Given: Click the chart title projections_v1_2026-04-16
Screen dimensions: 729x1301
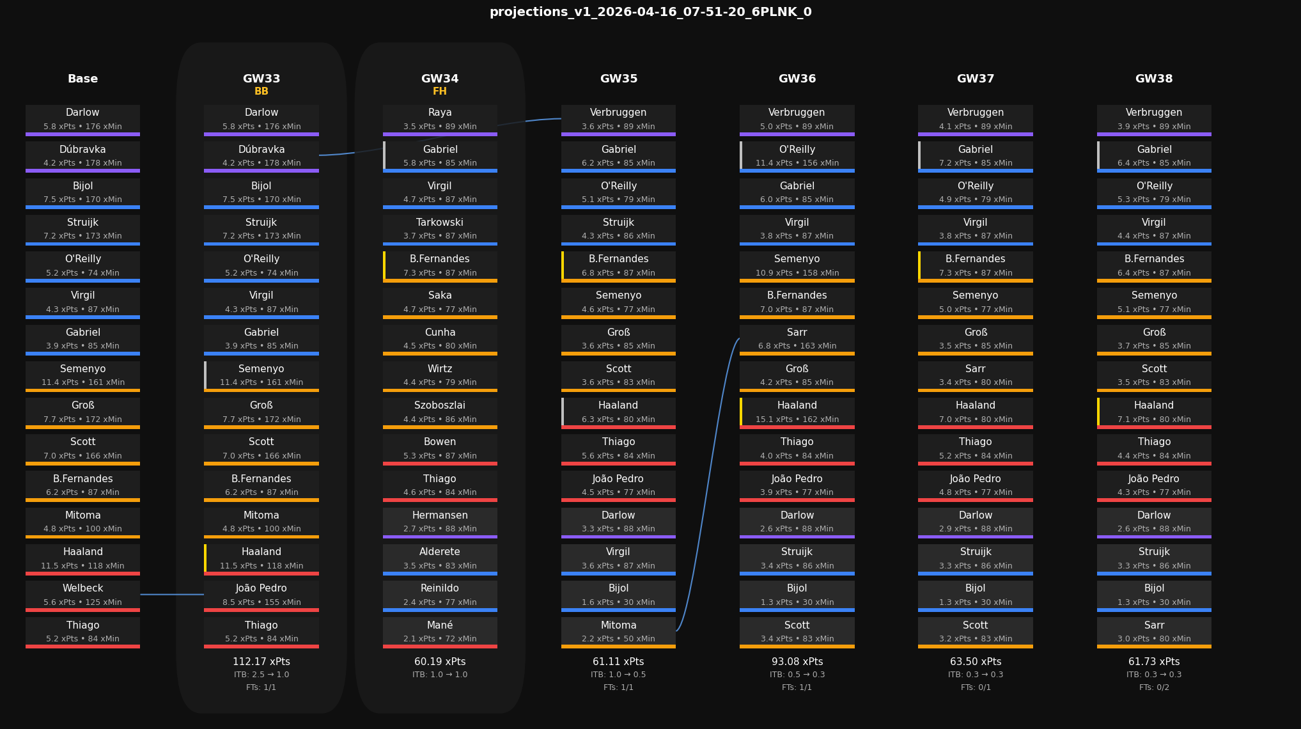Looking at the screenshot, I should (650, 12).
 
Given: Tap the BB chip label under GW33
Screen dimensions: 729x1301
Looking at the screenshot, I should (261, 91).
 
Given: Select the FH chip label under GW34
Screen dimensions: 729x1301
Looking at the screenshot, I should (440, 91).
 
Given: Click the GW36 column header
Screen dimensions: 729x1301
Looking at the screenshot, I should (797, 79).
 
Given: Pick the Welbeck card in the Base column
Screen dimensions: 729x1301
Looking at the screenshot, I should (82, 595).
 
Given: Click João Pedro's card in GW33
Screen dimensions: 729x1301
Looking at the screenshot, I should (261, 595).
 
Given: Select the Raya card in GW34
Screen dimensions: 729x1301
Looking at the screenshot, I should (440, 119).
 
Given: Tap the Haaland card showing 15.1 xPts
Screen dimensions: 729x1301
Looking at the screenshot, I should (797, 412).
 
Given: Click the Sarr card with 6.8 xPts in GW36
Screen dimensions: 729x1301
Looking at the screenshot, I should (797, 339).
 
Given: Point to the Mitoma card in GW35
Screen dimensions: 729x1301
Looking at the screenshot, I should (618, 631).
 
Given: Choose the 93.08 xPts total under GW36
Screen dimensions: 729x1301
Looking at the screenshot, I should (797, 662).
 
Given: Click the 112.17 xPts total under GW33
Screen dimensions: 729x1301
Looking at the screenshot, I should (261, 662).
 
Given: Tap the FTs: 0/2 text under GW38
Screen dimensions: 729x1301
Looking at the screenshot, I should (1153, 687).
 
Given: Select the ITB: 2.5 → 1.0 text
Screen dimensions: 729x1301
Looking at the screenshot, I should (261, 675).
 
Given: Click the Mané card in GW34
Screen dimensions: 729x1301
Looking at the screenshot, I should (440, 631).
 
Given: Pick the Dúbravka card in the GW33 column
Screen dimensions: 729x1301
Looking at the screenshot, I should (261, 155).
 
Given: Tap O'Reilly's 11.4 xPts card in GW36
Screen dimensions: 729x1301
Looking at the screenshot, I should (797, 155).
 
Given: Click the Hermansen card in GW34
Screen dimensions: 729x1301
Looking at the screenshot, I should (440, 522).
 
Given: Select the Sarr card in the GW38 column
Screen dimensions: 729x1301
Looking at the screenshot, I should (1153, 631).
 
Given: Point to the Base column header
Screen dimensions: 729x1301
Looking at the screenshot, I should (82, 79).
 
